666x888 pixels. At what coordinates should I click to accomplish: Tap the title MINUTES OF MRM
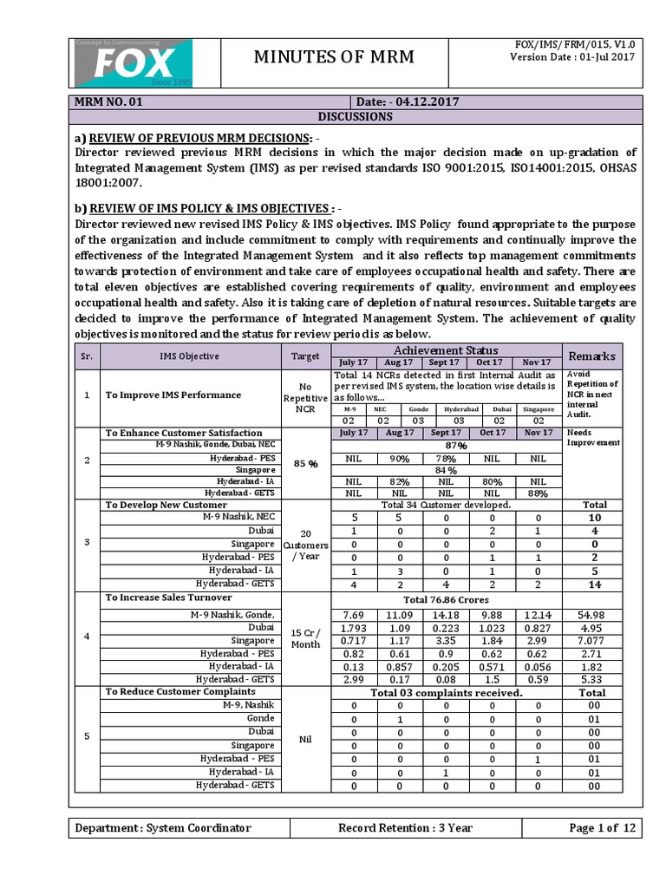click(x=333, y=58)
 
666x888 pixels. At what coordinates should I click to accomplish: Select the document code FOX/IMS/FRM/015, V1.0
click(x=575, y=43)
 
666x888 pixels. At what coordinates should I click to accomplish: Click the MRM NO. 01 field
click(x=108, y=101)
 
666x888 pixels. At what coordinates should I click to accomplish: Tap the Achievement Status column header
click(x=447, y=349)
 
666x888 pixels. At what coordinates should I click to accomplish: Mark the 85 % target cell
click(x=305, y=463)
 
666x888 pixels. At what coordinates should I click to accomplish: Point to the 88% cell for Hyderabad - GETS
click(x=537, y=493)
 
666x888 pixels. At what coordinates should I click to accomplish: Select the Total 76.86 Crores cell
click(x=447, y=599)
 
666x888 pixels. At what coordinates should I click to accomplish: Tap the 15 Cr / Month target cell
click(x=305, y=637)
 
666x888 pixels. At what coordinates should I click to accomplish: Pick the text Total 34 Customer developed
click(x=447, y=504)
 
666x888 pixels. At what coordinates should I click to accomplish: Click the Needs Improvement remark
click(x=592, y=437)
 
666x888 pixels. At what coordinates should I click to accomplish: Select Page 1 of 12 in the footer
click(x=603, y=827)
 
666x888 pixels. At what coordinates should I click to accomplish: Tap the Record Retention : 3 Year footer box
click(x=405, y=827)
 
